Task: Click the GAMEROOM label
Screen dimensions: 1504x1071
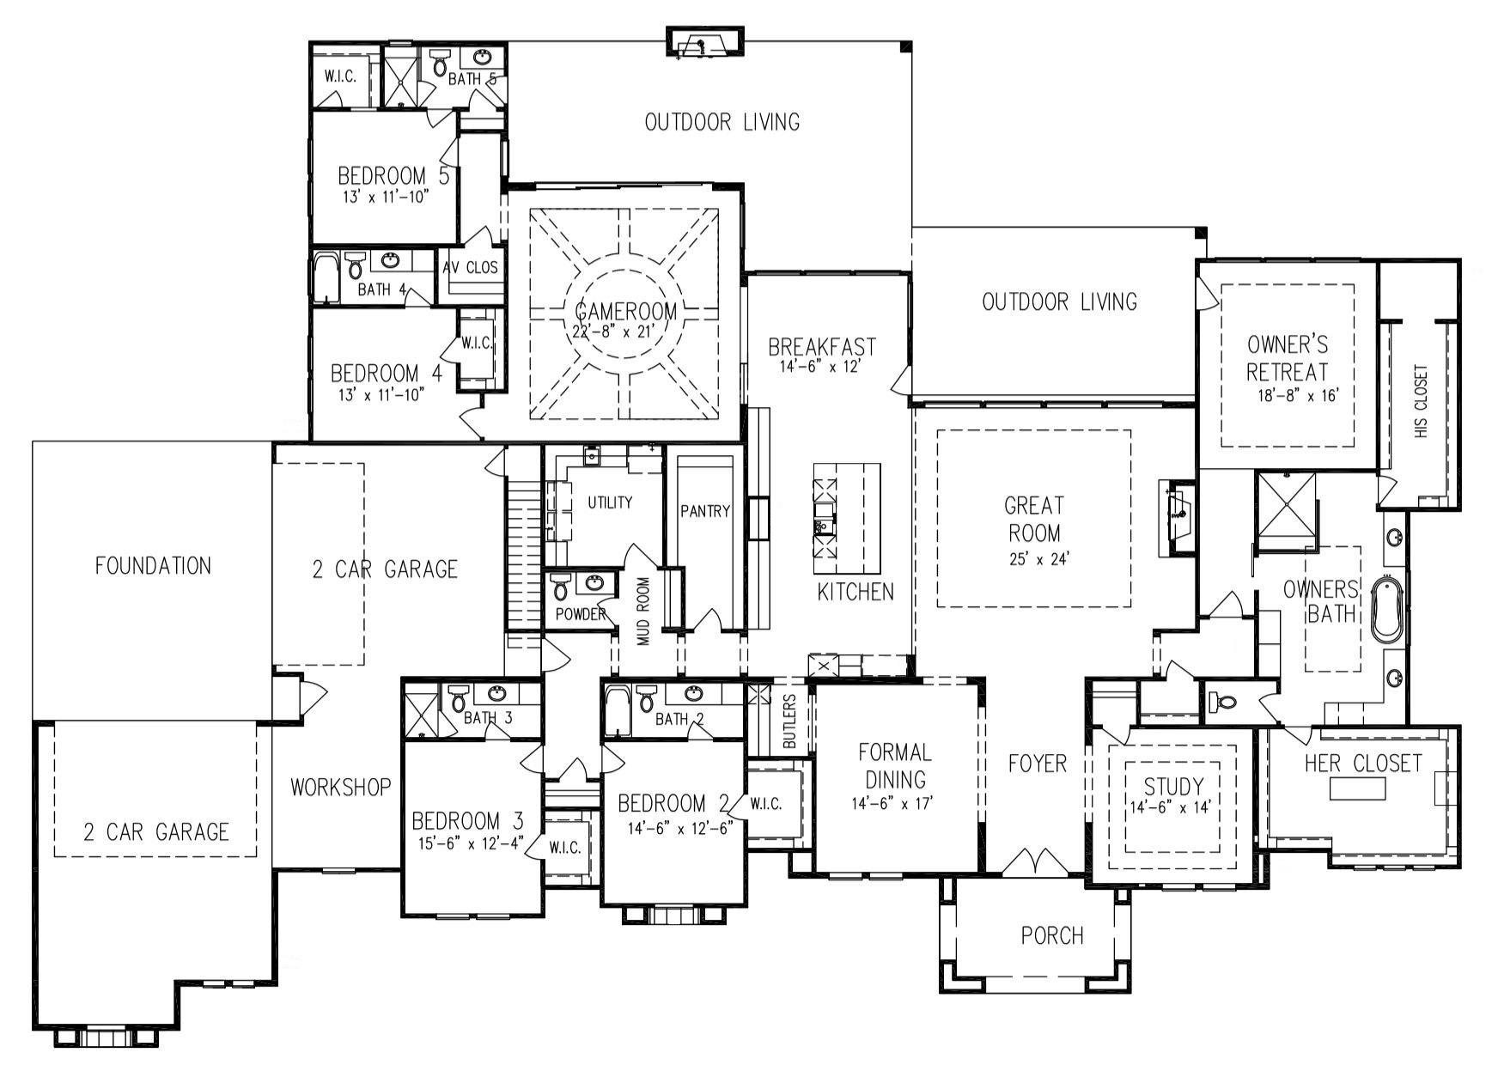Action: click(x=626, y=310)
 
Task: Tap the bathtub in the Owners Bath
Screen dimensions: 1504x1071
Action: click(x=1385, y=609)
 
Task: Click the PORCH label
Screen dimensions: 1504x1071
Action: click(x=1052, y=935)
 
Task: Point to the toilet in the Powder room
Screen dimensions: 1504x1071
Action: click(x=561, y=587)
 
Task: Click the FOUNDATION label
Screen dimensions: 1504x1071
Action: click(x=153, y=566)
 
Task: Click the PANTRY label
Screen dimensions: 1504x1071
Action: click(x=705, y=511)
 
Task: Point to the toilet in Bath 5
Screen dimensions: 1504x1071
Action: click(x=440, y=62)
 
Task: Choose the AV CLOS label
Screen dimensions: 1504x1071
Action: click(x=471, y=267)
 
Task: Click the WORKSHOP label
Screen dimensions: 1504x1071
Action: click(x=341, y=787)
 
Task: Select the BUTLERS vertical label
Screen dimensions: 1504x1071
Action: click(x=790, y=721)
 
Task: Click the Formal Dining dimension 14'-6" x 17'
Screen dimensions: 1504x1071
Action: click(x=894, y=803)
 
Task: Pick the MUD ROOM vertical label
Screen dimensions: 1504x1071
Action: click(x=643, y=611)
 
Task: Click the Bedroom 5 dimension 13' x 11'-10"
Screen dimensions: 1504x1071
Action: click(x=383, y=196)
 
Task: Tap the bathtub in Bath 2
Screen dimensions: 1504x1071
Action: click(x=616, y=710)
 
